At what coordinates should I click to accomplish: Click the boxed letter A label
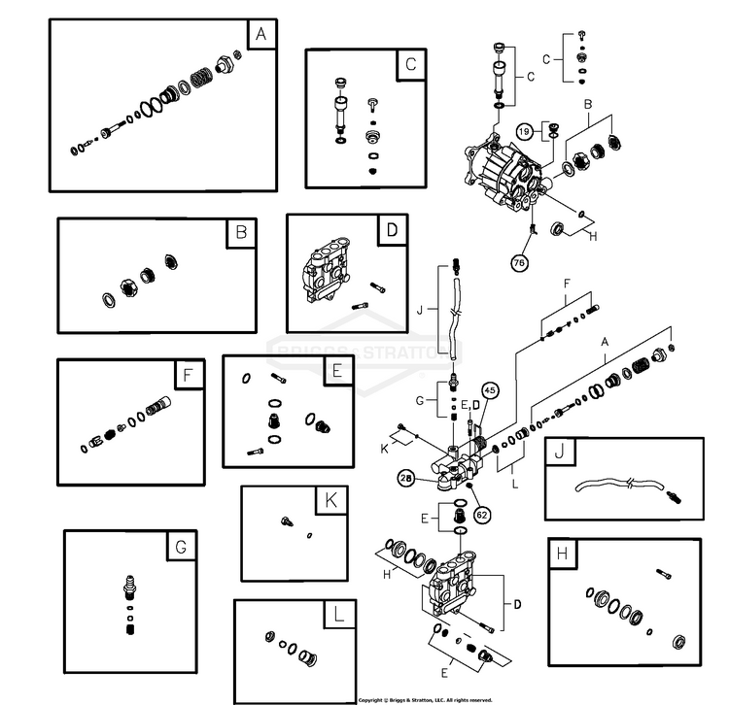pyautogui.click(x=260, y=36)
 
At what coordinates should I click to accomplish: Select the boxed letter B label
pyautogui.click(x=240, y=233)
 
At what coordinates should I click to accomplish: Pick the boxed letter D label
pyautogui.click(x=391, y=230)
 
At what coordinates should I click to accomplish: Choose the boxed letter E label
pyautogui.click(x=335, y=372)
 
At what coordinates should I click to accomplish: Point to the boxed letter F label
pyautogui.click(x=187, y=375)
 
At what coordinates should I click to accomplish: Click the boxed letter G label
pyautogui.click(x=181, y=547)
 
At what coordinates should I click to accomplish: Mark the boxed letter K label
pyautogui.click(x=330, y=502)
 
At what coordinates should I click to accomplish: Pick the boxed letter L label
pyautogui.click(x=336, y=617)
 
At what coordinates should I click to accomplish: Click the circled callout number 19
pyautogui.click(x=523, y=129)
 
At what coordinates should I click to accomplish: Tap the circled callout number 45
pyautogui.click(x=489, y=391)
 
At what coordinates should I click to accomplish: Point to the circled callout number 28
pyautogui.click(x=406, y=478)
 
